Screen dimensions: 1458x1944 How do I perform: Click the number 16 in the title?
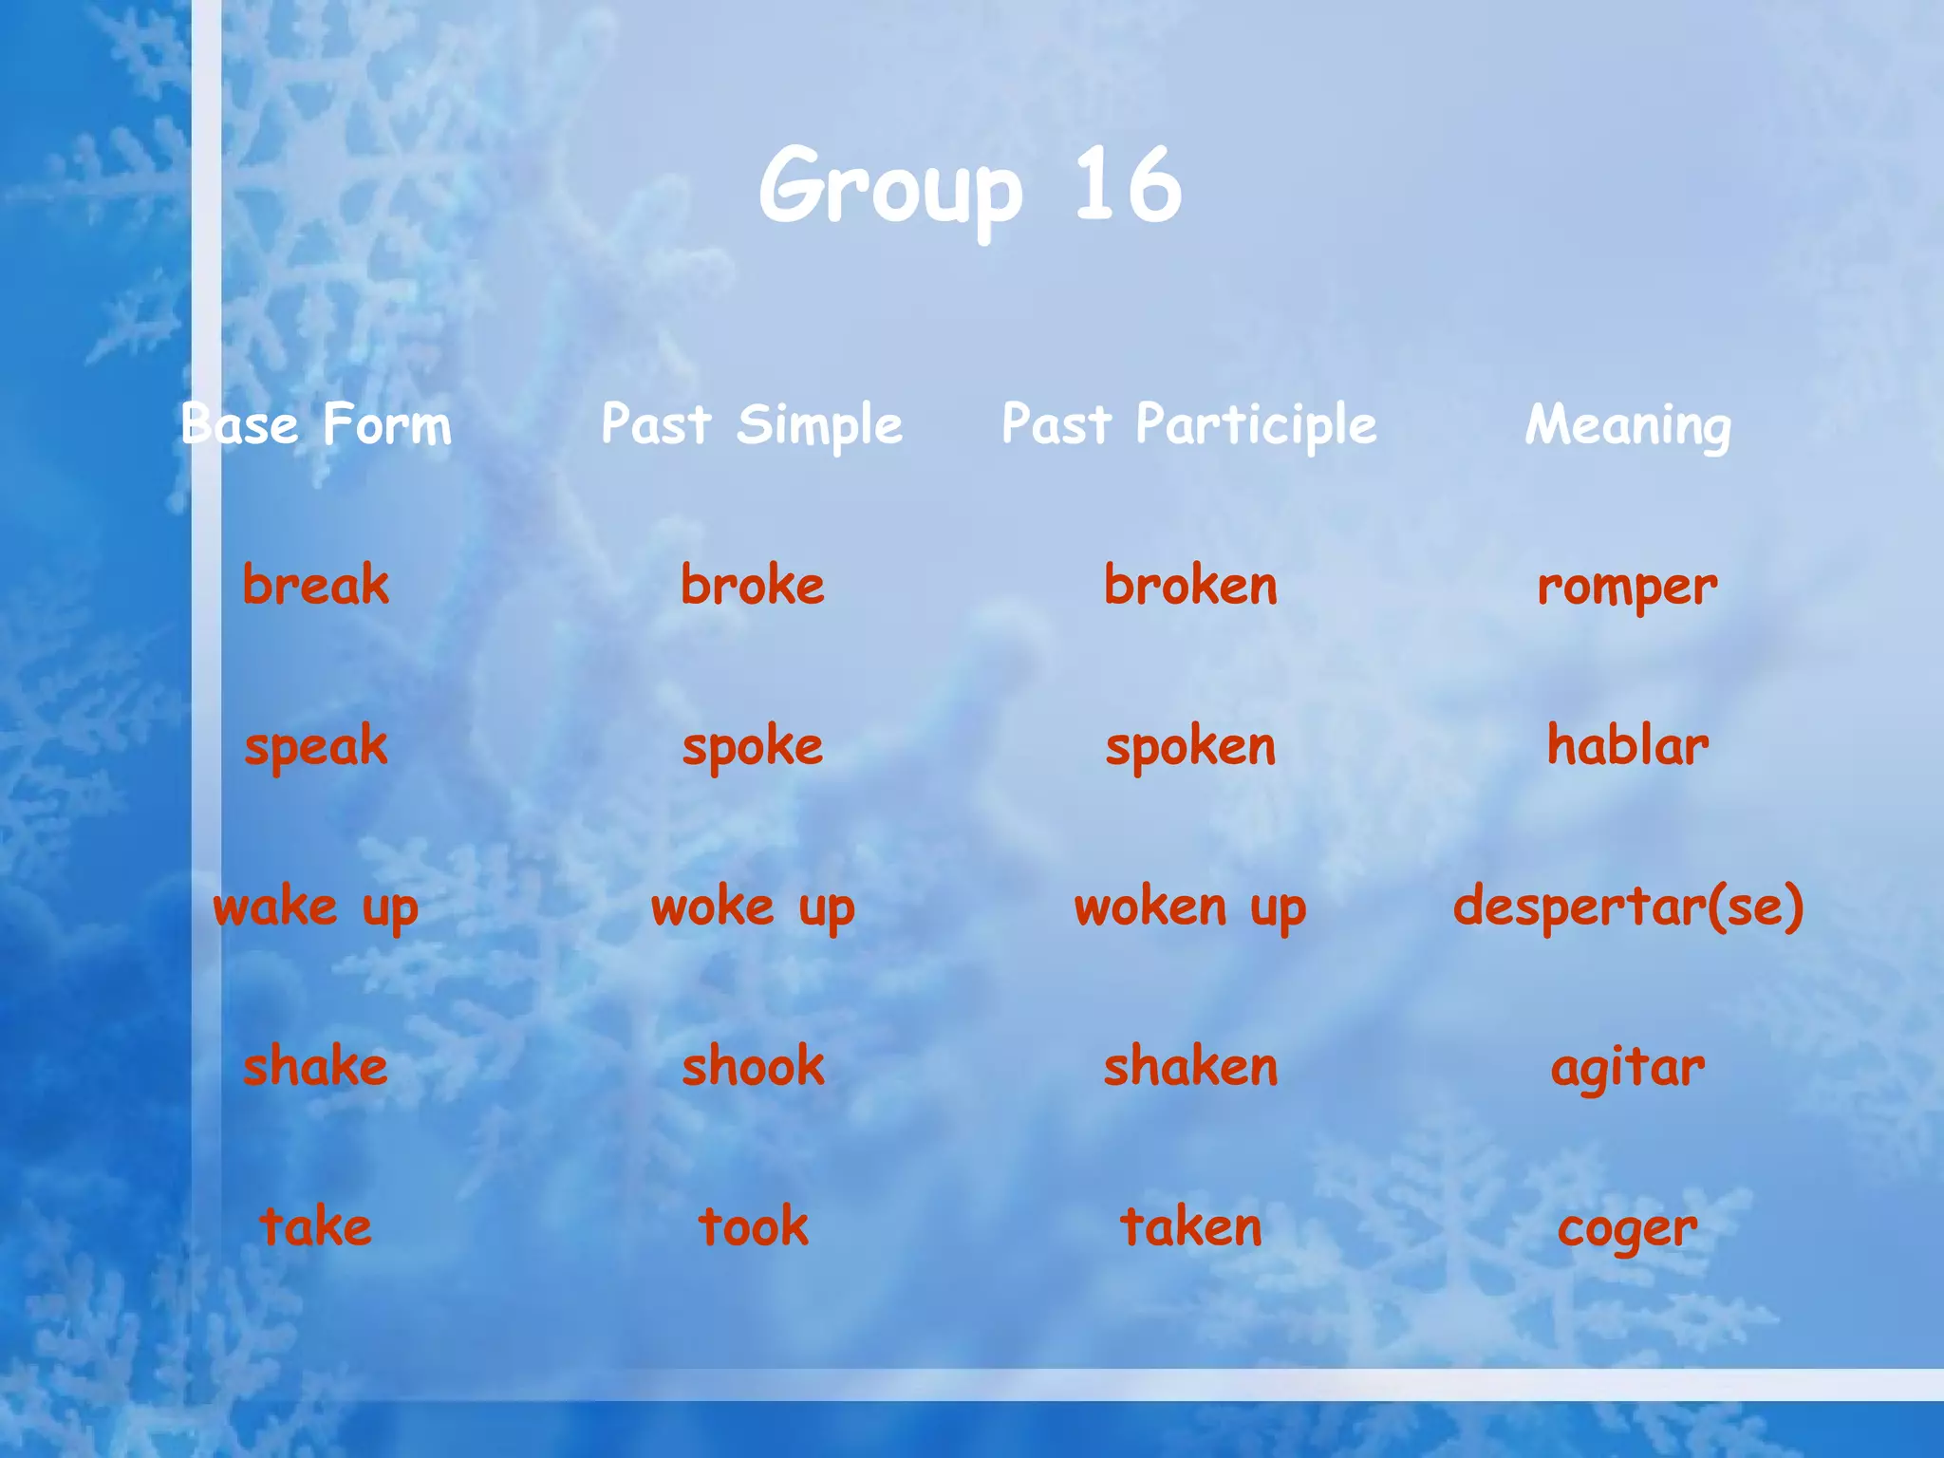click(1128, 185)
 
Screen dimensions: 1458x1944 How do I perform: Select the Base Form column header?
click(316, 424)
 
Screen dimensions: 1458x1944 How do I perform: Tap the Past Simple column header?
click(752, 424)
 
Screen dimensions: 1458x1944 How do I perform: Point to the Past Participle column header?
click(1189, 424)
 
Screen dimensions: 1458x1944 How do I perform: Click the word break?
click(316, 585)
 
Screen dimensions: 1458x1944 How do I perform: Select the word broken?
click(1190, 585)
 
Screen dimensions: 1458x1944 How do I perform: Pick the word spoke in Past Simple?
click(753, 747)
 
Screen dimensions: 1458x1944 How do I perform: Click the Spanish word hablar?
click(1628, 745)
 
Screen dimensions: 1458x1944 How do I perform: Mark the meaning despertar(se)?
click(1628, 907)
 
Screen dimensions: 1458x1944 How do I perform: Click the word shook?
click(753, 1067)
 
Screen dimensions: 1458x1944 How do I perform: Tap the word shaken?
click(1190, 1067)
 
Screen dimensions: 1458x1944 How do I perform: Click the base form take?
click(316, 1226)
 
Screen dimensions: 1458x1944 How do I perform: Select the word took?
click(753, 1226)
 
